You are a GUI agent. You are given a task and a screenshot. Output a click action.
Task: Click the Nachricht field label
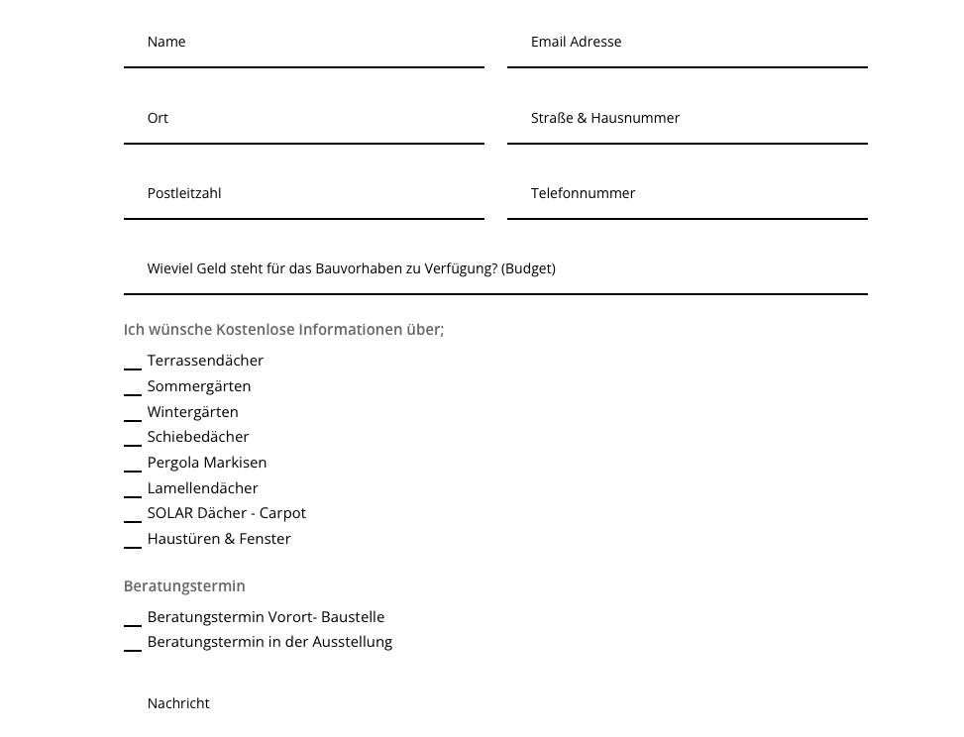coord(178,703)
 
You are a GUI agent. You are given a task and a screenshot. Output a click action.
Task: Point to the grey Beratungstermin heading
coord(184,586)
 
